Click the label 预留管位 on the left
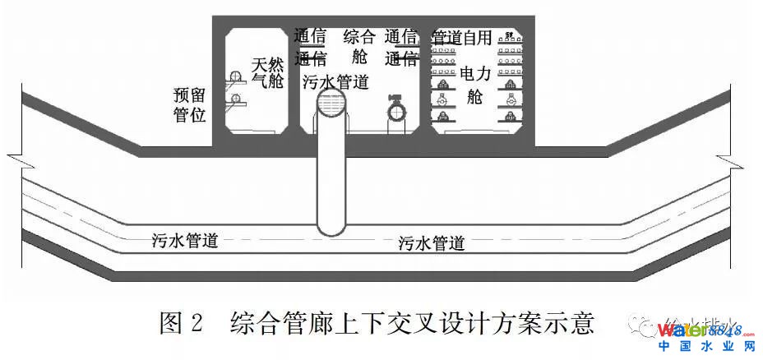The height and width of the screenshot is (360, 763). click(190, 104)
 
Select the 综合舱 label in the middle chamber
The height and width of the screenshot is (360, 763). click(358, 46)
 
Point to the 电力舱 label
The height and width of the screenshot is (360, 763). click(474, 85)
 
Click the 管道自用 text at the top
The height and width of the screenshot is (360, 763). click(461, 37)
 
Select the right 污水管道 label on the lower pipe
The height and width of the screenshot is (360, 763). click(432, 243)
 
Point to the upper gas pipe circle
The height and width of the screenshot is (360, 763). click(235, 78)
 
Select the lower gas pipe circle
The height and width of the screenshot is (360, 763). click(235, 99)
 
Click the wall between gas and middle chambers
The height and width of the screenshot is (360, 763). click(294, 82)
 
